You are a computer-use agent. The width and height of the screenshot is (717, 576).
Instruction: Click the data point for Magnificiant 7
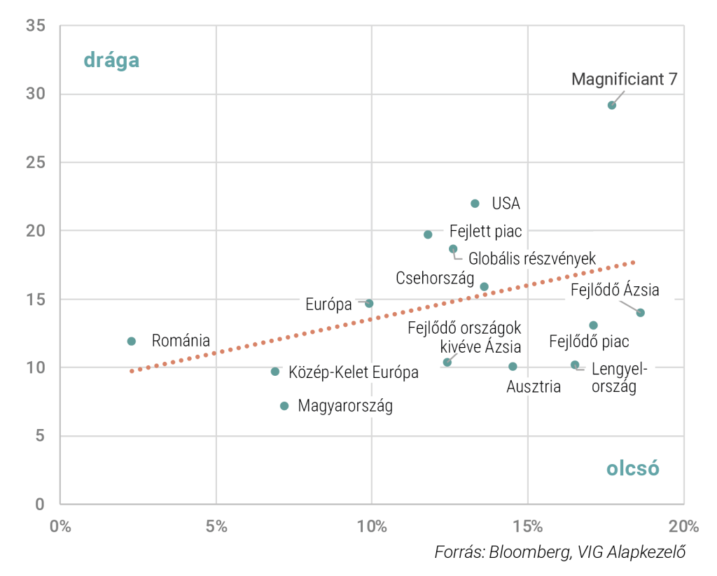click(612, 105)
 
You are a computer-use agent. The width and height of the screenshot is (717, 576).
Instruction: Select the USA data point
click(475, 204)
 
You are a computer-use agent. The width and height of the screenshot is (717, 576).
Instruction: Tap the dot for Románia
click(132, 341)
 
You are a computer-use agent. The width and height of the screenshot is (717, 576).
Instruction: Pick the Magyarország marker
click(284, 406)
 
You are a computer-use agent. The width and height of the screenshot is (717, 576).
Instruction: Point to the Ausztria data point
click(513, 366)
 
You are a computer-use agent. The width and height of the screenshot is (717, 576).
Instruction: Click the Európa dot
click(369, 303)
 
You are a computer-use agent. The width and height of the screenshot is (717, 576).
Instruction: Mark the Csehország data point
click(484, 286)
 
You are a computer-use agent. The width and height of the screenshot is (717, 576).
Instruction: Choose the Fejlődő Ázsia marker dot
click(640, 312)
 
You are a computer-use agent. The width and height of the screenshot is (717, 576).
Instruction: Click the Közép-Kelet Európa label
click(354, 372)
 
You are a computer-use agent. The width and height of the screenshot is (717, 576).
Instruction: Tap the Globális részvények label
click(532, 259)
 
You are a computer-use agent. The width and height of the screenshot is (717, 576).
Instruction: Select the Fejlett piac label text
click(485, 232)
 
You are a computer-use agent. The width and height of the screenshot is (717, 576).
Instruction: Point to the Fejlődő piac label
click(589, 342)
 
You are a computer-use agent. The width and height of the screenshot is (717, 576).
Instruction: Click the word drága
click(111, 60)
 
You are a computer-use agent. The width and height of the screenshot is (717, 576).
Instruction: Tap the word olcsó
click(633, 468)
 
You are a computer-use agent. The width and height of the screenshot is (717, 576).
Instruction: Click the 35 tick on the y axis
click(35, 26)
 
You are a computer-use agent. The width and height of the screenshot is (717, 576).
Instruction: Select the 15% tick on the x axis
click(527, 526)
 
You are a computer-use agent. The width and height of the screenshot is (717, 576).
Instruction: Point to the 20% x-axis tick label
click(683, 526)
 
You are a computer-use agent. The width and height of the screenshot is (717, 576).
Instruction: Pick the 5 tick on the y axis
click(40, 436)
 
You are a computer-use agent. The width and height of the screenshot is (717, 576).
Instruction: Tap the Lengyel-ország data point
click(575, 365)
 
